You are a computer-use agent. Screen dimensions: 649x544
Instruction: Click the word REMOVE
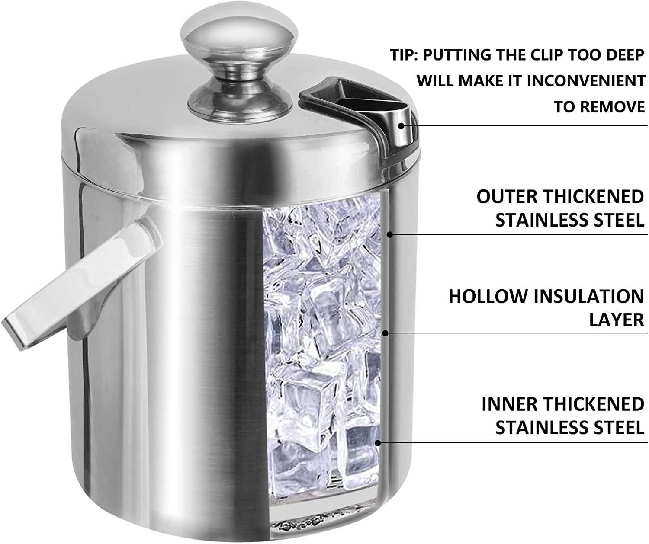click(x=612, y=107)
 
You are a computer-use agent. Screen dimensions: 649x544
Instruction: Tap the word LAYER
click(x=617, y=320)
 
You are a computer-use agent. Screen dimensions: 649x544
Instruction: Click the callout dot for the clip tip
click(x=401, y=126)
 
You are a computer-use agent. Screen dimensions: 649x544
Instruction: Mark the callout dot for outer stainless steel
click(x=390, y=234)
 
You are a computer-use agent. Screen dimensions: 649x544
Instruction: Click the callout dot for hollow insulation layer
click(x=386, y=333)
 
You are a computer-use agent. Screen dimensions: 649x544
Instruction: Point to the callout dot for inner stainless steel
click(x=378, y=442)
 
